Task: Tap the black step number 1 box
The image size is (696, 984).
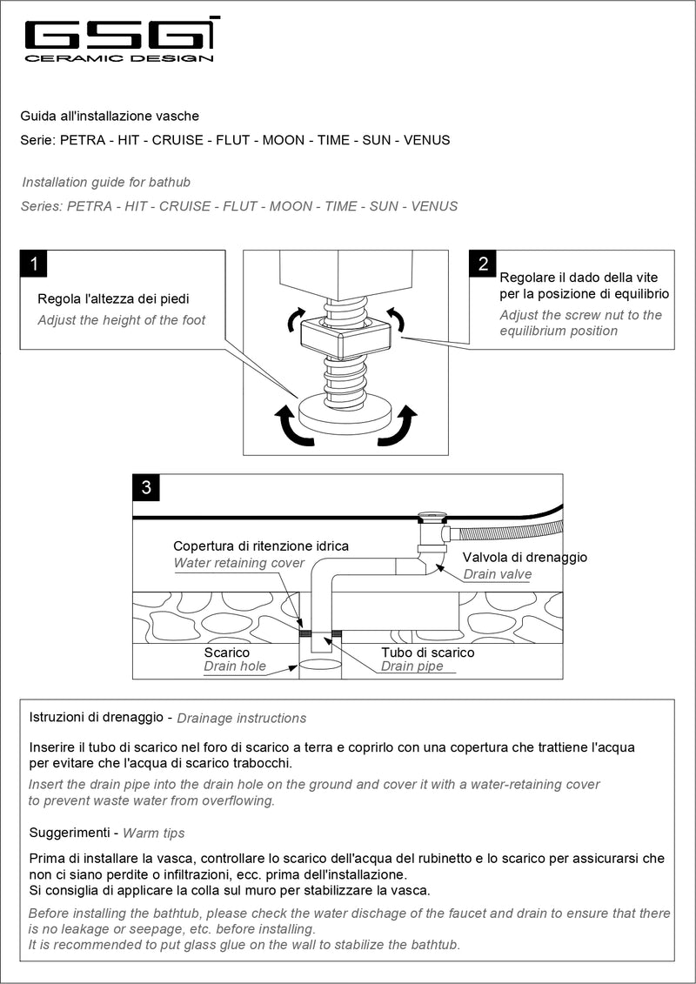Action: (x=34, y=264)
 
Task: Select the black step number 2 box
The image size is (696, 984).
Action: (x=483, y=264)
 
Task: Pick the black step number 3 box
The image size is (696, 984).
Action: (x=146, y=487)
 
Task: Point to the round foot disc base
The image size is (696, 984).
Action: (x=345, y=412)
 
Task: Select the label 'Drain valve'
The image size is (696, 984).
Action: (x=497, y=574)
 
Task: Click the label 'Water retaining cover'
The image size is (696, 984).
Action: (x=239, y=563)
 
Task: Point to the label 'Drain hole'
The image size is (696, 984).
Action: (x=235, y=666)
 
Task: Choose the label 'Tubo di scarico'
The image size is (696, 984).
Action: (x=428, y=653)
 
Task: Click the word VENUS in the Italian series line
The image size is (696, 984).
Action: (x=427, y=140)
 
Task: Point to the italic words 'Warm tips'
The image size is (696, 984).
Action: (x=154, y=833)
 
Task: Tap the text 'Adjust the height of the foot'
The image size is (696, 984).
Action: (x=122, y=320)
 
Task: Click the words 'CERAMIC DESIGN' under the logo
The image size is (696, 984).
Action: (x=119, y=59)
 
